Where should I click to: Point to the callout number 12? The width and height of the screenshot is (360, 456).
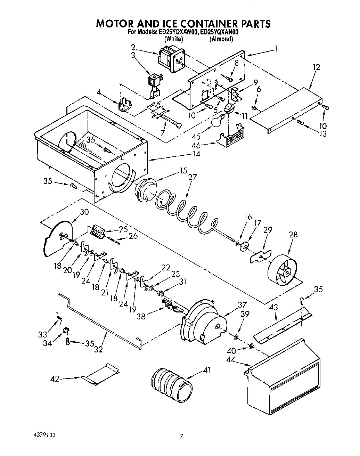tap(316, 67)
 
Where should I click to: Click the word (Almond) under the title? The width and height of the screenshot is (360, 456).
tap(221, 39)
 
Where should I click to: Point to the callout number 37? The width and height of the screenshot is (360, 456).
tap(242, 305)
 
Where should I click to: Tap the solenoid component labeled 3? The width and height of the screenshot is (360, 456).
tap(154, 83)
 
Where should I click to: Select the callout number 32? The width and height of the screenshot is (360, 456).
tap(99, 349)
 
